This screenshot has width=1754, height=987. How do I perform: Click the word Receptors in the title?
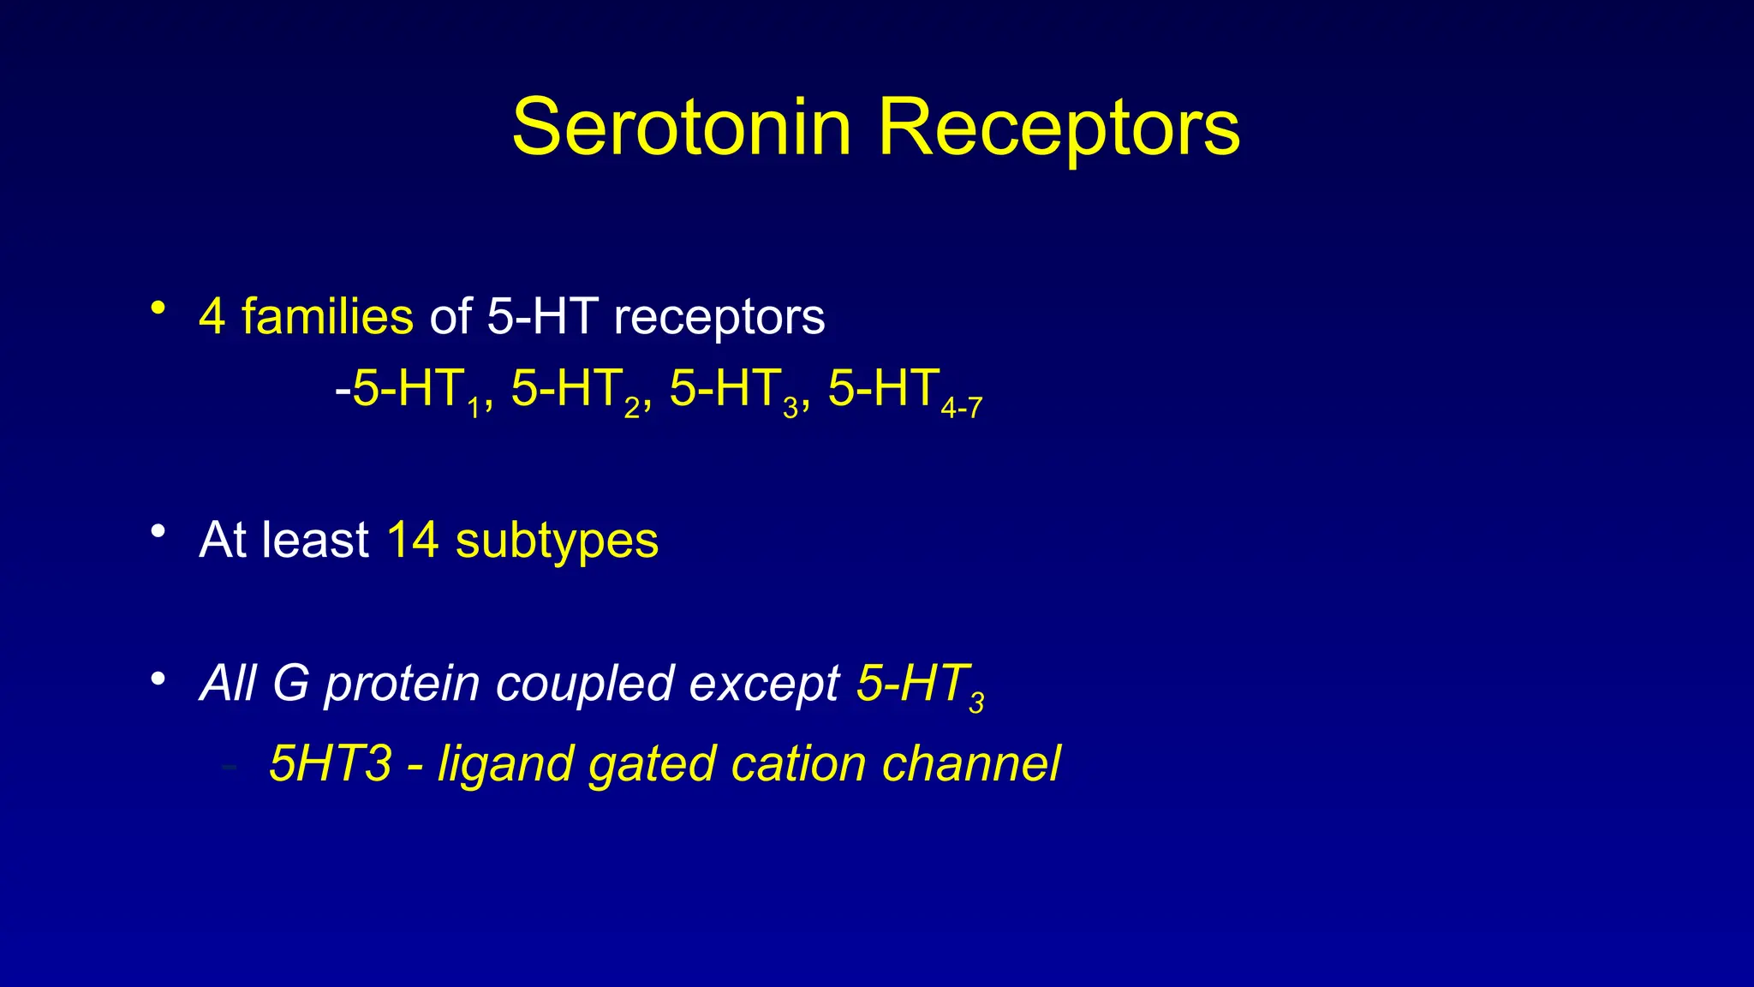tap(1059, 129)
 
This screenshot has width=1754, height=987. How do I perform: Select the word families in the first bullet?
tap(327, 316)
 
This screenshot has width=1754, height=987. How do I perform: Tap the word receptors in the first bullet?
tap(719, 318)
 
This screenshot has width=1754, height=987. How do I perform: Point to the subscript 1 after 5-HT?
tap(474, 409)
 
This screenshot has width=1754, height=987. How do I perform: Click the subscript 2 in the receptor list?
tap(632, 409)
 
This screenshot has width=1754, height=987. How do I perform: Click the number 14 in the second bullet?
tap(413, 541)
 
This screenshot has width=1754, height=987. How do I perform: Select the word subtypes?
tap(557, 542)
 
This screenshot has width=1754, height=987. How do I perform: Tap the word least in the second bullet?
tap(315, 541)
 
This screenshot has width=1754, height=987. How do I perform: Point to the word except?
tap(764, 685)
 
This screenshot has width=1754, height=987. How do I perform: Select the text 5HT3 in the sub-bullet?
tap(331, 763)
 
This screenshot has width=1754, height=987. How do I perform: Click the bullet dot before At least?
tap(158, 532)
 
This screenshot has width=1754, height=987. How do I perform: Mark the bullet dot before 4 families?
tap(158, 308)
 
